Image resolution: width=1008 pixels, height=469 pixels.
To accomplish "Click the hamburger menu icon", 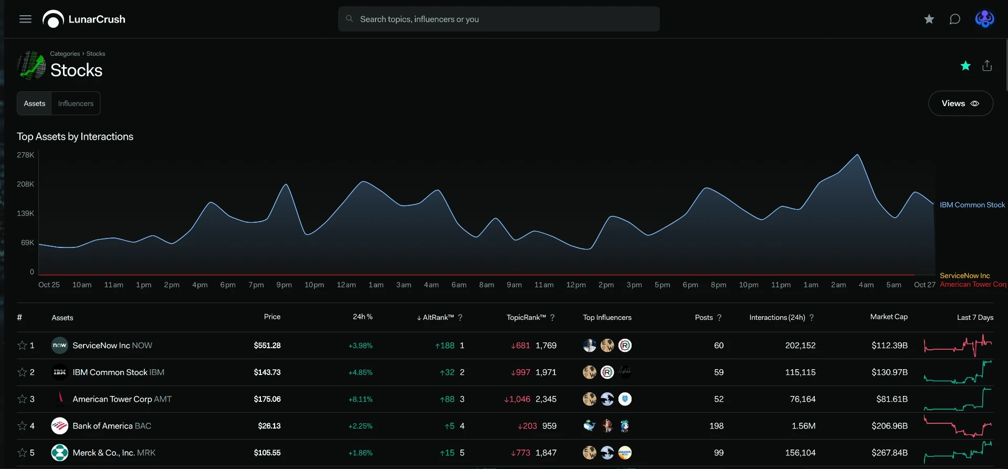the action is pos(25,19).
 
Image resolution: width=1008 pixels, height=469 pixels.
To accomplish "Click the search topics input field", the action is pos(499,19).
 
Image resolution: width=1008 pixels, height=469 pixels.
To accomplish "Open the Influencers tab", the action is pos(76,103).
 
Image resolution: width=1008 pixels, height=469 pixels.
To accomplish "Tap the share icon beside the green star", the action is pos(987,66).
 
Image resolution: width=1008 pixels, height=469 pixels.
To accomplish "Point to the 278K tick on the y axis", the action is pos(25,155).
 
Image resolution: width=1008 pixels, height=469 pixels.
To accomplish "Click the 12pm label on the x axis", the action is pos(576,285).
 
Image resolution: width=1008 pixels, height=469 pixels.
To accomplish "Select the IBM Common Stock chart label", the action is pos(972,205).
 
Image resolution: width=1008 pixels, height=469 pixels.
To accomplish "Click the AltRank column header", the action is pos(435,317).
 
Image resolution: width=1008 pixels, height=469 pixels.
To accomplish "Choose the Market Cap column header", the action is pos(889,317).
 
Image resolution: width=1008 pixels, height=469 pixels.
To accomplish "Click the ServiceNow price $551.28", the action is pos(267,346).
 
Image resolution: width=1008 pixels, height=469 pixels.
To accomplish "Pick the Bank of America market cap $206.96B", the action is pos(889,426).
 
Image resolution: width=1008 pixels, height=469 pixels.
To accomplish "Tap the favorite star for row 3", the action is pos(22,399).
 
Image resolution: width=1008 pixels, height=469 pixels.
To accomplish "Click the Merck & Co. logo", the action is pos(60,453).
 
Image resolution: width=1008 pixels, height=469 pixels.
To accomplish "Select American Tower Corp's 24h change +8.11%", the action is pos(361,399).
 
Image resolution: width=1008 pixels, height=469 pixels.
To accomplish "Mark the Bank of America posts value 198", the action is pos(717,426).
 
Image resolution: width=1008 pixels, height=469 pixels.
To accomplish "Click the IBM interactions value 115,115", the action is pos(801,372).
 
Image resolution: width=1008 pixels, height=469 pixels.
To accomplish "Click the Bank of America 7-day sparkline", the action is pos(958,426).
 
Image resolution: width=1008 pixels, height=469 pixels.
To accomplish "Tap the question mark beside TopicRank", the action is pos(552,317).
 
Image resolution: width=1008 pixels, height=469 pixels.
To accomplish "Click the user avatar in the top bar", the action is pos(984,19).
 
